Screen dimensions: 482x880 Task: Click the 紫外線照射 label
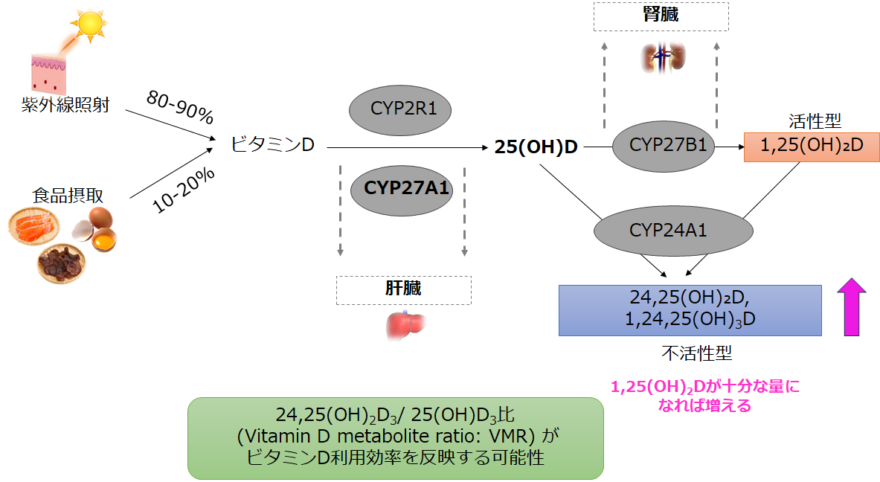(x=65, y=105)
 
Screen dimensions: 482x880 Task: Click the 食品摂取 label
(x=67, y=195)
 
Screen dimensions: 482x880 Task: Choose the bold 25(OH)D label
(x=536, y=147)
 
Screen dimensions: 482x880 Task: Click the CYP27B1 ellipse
(x=664, y=145)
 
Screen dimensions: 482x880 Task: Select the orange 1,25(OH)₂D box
(x=811, y=147)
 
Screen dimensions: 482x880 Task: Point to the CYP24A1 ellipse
(x=667, y=231)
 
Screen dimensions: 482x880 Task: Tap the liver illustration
(x=404, y=325)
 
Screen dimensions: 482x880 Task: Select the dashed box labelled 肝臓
(x=403, y=290)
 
